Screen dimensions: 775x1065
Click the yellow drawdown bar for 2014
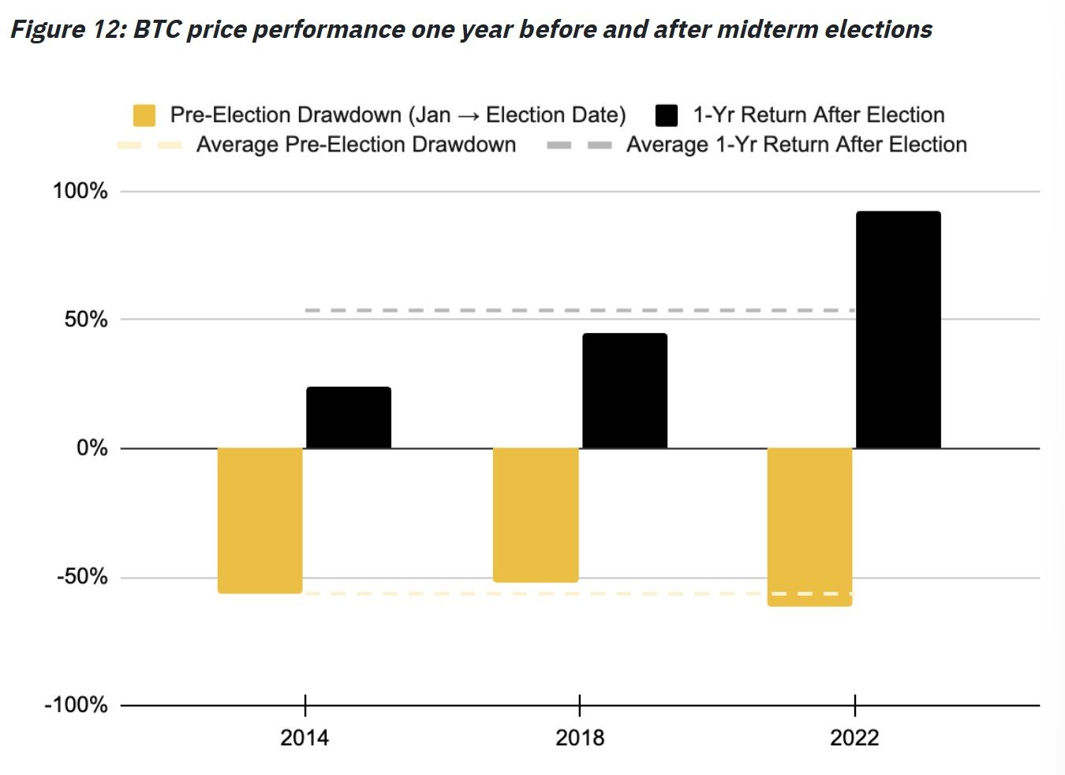point(260,520)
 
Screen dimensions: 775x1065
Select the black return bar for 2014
point(348,417)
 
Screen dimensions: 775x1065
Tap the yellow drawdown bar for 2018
point(536,515)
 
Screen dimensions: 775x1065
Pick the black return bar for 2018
point(625,391)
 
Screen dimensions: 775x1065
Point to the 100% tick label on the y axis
point(80,191)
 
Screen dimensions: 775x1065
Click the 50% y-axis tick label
point(85,320)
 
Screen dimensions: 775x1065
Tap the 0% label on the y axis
point(92,448)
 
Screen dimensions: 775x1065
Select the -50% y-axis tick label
point(82,577)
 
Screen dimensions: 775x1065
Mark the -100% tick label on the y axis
point(76,705)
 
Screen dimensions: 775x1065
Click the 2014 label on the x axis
point(305,738)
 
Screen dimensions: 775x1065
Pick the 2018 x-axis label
point(580,738)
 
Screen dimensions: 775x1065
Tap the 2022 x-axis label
point(854,738)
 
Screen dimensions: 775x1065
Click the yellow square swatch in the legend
point(144,115)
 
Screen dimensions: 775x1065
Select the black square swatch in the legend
point(667,115)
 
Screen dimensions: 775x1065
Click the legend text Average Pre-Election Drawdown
point(356,145)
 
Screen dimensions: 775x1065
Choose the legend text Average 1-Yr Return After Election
point(796,145)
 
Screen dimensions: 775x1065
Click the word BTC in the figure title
point(157,30)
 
